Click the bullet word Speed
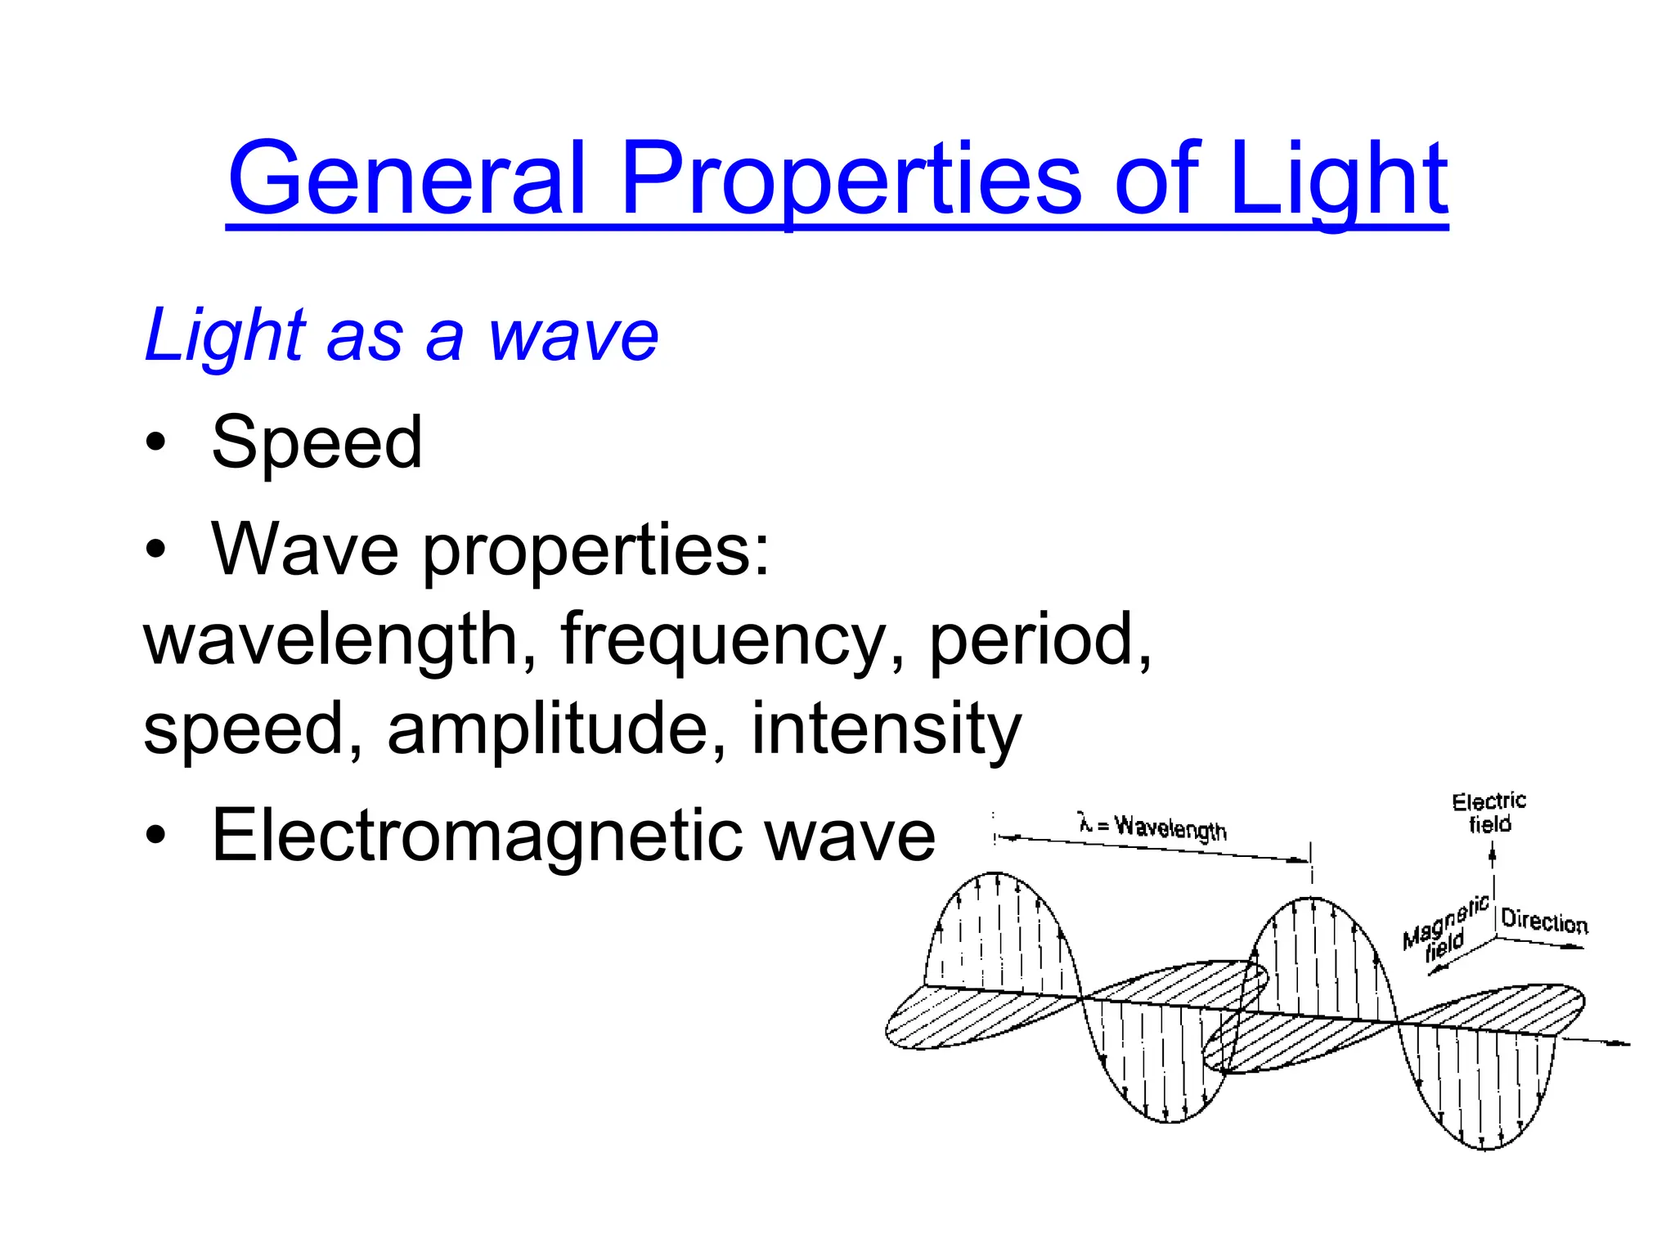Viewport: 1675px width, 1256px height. [317, 442]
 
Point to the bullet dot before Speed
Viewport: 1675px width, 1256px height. [155, 442]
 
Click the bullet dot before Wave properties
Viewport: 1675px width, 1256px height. [155, 549]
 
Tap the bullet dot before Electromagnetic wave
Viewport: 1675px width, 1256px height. [155, 836]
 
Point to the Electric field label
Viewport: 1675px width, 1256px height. [1489, 812]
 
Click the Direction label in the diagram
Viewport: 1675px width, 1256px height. [1544, 922]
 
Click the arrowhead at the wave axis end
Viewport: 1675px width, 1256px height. [1623, 1044]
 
